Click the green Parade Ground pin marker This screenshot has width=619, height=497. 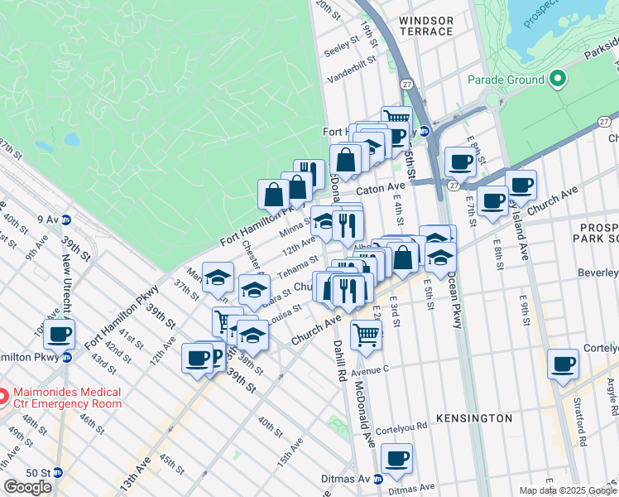(558, 80)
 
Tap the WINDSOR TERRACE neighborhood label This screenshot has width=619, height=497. (426, 26)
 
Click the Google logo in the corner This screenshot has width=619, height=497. (28, 486)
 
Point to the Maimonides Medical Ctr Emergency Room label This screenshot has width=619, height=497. (60, 398)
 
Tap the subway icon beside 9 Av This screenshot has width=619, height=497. (66, 220)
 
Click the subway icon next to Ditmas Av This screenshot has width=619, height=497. (377, 479)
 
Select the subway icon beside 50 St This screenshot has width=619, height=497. (58, 472)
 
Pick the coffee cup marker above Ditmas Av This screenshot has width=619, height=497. (396, 459)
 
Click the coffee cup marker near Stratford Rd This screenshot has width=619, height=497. (563, 364)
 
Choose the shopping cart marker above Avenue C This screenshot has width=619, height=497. (365, 335)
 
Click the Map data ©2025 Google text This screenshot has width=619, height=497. (567, 490)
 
